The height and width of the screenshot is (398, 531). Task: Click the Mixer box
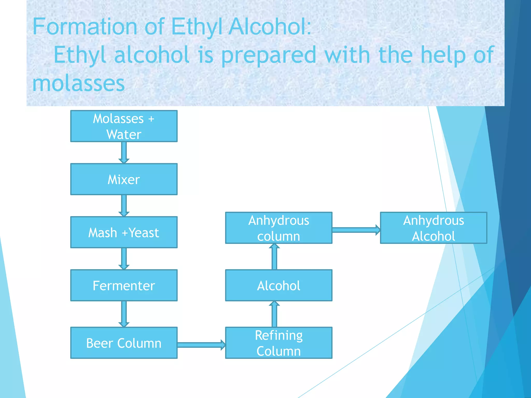(x=124, y=179)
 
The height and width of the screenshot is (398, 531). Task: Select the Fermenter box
(x=124, y=285)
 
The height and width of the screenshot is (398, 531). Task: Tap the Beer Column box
(x=124, y=343)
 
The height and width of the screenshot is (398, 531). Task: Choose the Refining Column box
(x=279, y=343)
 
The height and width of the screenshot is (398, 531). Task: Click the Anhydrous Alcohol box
(x=434, y=228)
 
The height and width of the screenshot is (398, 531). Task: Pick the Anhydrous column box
(x=279, y=228)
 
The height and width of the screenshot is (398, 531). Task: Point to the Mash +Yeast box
(x=124, y=232)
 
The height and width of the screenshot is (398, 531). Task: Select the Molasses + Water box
(x=124, y=126)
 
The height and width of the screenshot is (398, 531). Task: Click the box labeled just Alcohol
(x=279, y=285)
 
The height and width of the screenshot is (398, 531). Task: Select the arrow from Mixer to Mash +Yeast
(x=124, y=205)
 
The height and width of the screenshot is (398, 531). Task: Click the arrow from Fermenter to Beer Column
(x=124, y=314)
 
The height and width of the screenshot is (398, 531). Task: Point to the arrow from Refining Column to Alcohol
(x=274, y=314)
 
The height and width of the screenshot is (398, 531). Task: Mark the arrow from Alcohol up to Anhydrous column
(x=274, y=257)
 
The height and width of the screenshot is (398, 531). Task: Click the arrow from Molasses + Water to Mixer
(x=124, y=152)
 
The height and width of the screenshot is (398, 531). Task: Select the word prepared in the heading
(x=269, y=55)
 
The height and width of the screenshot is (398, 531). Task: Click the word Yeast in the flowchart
(x=144, y=232)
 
